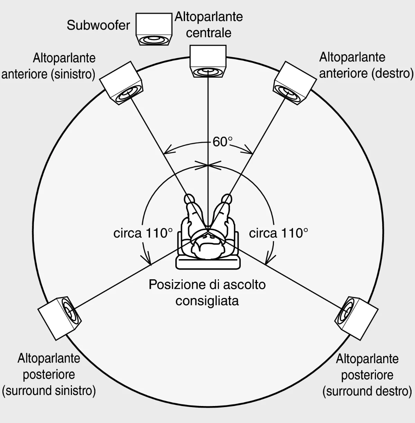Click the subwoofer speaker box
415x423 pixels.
(154, 29)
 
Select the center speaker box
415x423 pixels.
(208, 61)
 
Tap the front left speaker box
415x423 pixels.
(121, 83)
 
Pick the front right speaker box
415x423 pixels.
(295, 83)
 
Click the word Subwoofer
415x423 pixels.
(98, 25)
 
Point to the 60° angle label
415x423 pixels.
(222, 142)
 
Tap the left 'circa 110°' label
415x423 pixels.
(143, 233)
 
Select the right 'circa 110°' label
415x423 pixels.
(278, 233)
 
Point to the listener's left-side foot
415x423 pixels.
(190, 199)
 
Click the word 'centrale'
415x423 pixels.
(209, 33)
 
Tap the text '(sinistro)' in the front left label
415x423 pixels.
(73, 74)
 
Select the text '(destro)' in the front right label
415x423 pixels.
(393, 73)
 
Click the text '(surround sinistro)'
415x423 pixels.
(49, 391)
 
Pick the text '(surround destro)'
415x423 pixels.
(367, 391)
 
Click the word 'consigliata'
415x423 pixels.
(207, 301)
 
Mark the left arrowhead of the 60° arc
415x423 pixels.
(167, 150)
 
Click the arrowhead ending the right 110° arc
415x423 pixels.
(268, 260)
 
